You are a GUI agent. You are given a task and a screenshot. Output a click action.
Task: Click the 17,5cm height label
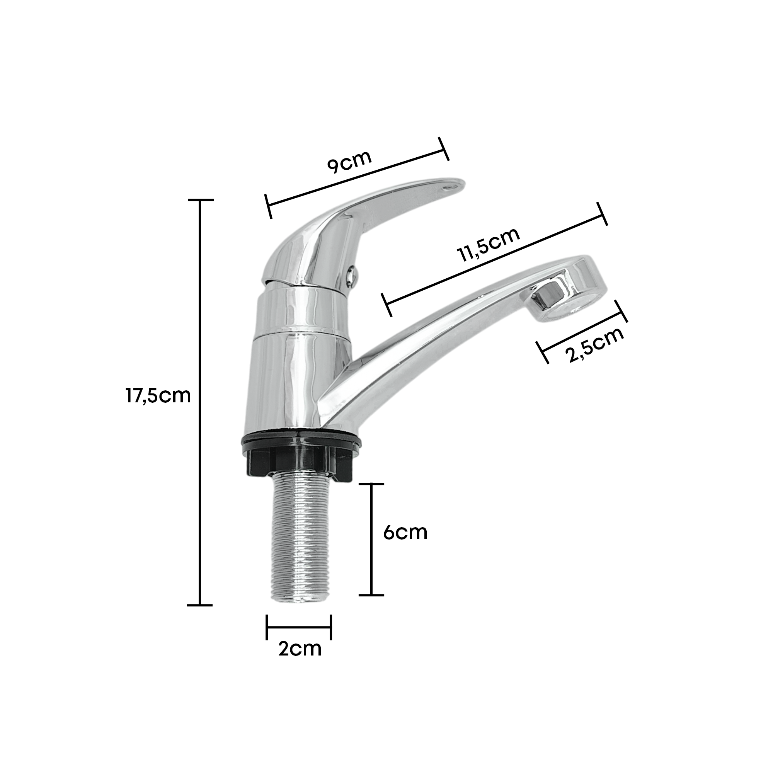point(158,396)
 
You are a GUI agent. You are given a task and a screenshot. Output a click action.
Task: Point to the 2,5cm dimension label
point(594,345)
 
